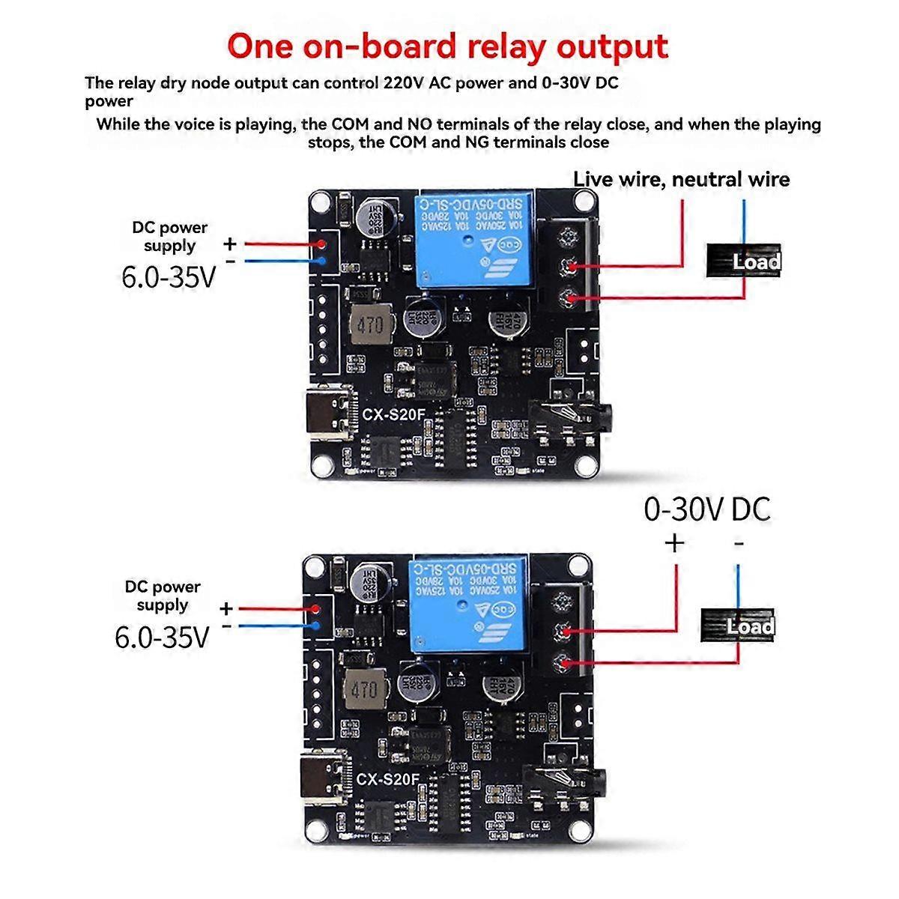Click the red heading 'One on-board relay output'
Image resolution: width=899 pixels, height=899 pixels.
coord(447,46)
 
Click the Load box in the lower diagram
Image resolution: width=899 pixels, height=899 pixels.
coord(739,625)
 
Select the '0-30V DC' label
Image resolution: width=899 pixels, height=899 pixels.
coord(706,509)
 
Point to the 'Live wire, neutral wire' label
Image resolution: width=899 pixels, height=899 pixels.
coord(681,179)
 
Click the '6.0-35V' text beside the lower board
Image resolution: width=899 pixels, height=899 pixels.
coord(162,636)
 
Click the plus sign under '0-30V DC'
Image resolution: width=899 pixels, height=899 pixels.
coord(674,542)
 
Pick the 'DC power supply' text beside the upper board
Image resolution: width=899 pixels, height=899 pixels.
coord(170,236)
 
